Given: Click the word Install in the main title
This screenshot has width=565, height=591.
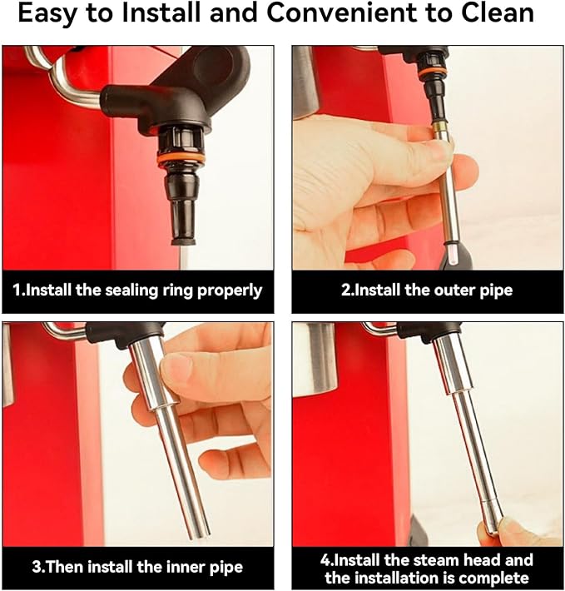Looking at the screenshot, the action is pyautogui.click(x=161, y=12).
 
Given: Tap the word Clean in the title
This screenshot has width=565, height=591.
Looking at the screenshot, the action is pyautogui.click(x=498, y=12).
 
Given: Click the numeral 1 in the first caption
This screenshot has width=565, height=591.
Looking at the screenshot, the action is pyautogui.click(x=17, y=291).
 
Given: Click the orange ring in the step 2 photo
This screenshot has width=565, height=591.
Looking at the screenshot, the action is pyautogui.click(x=433, y=72).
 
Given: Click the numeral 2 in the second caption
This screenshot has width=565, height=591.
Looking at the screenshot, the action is pyautogui.click(x=345, y=291).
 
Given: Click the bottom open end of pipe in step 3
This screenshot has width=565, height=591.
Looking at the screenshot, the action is pyautogui.click(x=201, y=534).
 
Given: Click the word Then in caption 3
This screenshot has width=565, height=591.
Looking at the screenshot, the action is pyautogui.click(x=64, y=567).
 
